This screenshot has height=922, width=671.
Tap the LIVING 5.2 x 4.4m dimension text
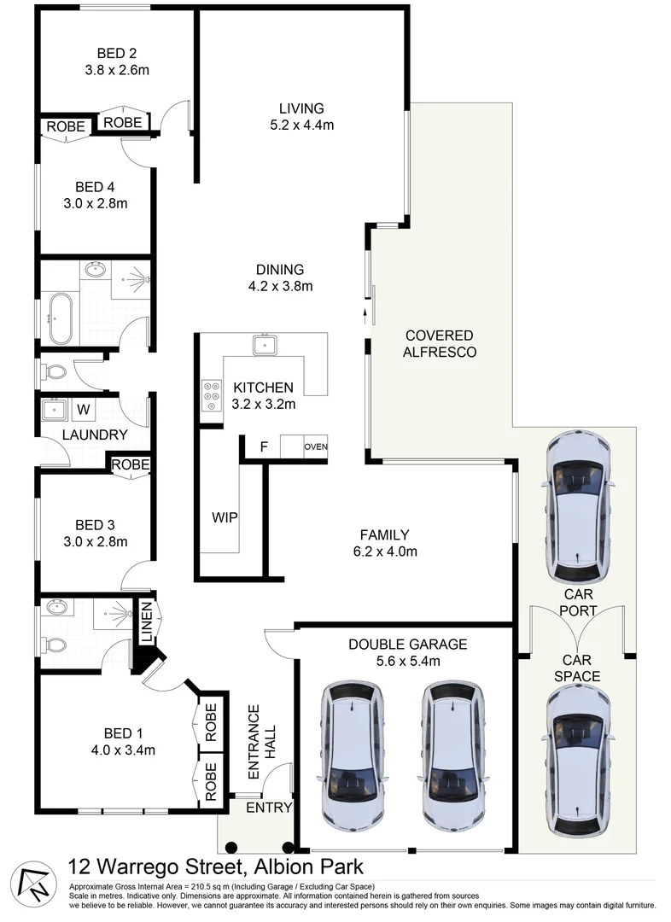pyautogui.click(x=301, y=125)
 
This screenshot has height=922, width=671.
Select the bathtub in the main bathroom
pyautogui.click(x=58, y=313)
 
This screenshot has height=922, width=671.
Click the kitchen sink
pyautogui.click(x=265, y=345)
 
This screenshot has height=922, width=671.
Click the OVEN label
pyautogui.click(x=316, y=446)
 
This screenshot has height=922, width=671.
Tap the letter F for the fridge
pyautogui.click(x=264, y=446)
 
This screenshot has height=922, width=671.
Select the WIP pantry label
pyautogui.click(x=225, y=517)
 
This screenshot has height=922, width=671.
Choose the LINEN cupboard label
pyautogui.click(x=146, y=623)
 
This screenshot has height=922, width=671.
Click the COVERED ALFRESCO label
pyautogui.click(x=440, y=343)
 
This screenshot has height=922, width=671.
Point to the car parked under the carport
pyautogui.click(x=579, y=504)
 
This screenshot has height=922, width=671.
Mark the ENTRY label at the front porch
pyautogui.click(x=269, y=808)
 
